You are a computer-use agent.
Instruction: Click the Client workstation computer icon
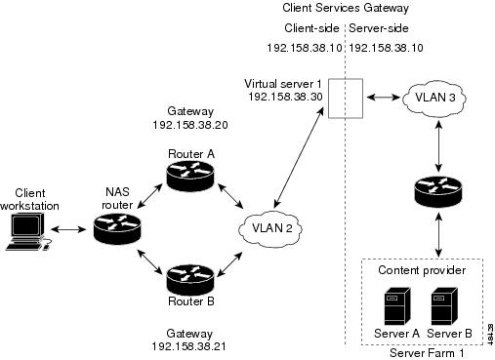[27, 231]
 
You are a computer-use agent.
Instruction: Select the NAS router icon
[117, 228]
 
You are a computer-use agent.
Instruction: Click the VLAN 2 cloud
[270, 228]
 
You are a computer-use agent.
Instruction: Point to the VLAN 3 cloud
[434, 98]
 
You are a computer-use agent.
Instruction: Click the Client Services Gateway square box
[346, 98]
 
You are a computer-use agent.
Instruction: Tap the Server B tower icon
[444, 306]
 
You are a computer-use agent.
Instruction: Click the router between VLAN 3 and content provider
[438, 192]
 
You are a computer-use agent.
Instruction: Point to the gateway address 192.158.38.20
[190, 125]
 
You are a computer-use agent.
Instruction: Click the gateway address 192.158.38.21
[189, 346]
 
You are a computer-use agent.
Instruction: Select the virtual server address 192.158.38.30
[285, 97]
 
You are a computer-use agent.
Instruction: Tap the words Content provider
[422, 270]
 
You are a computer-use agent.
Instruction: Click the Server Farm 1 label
[427, 353]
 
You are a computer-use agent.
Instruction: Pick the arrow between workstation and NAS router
[67, 229]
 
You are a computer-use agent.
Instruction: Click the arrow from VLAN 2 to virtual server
[299, 158]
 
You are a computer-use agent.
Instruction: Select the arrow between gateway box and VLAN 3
[384, 97]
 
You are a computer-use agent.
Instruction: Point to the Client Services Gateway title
[346, 8]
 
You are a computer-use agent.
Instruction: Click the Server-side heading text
[379, 28]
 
